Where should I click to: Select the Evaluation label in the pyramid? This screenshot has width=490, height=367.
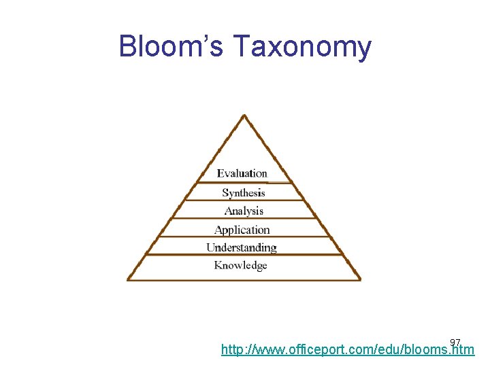coord(242,174)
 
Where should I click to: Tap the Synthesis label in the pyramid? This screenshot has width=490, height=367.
coord(243,193)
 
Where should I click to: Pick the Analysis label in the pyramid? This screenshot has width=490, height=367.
coord(244,211)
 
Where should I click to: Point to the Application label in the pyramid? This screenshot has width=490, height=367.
coord(242,230)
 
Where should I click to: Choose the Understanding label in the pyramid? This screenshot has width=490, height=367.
coord(242,247)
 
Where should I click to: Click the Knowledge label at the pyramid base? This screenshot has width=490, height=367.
coord(241,265)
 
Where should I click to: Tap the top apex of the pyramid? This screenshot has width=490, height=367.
coord(244,116)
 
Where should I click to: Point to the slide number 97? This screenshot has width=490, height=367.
coord(455,341)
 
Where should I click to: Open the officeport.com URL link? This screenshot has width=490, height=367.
coord(347,351)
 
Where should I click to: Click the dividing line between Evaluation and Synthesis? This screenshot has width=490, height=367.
coord(244,183)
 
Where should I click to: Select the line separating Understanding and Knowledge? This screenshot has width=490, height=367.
coord(244,255)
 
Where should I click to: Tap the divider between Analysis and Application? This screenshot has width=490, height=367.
coord(244,219)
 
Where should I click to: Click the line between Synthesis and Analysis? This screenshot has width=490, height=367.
coord(244,201)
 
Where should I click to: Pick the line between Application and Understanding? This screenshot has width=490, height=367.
coord(244,237)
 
